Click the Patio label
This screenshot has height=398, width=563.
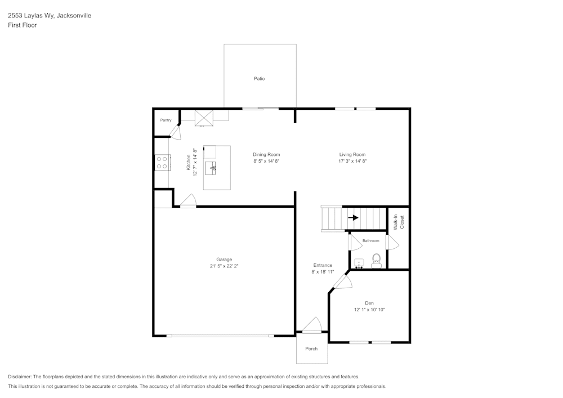pyautogui.click(x=259, y=79)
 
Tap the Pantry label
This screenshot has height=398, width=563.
pyautogui.click(x=166, y=120)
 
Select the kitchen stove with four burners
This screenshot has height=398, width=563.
pyautogui.click(x=162, y=163)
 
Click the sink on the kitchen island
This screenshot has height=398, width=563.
pyautogui.click(x=213, y=166)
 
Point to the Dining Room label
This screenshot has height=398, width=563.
pyautogui.click(x=266, y=154)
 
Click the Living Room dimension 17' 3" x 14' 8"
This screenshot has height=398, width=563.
pyautogui.click(x=352, y=161)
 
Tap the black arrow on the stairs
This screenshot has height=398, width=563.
pyautogui.click(x=353, y=218)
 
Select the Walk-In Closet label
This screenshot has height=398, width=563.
pyautogui.click(x=399, y=222)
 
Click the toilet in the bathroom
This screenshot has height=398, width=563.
pyautogui.click(x=376, y=260)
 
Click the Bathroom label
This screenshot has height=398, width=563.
pyautogui.click(x=370, y=241)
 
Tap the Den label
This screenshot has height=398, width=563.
pyautogui.click(x=369, y=303)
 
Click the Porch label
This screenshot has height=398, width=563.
pyautogui.click(x=311, y=349)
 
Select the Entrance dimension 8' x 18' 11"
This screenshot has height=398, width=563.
pyautogui.click(x=323, y=272)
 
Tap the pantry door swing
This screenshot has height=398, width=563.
pyautogui.click(x=176, y=133)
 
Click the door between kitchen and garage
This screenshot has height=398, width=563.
pyautogui.click(x=188, y=201)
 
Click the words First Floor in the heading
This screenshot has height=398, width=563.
pyautogui.click(x=23, y=25)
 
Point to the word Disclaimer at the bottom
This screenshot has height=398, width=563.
pyautogui.click(x=20, y=377)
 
